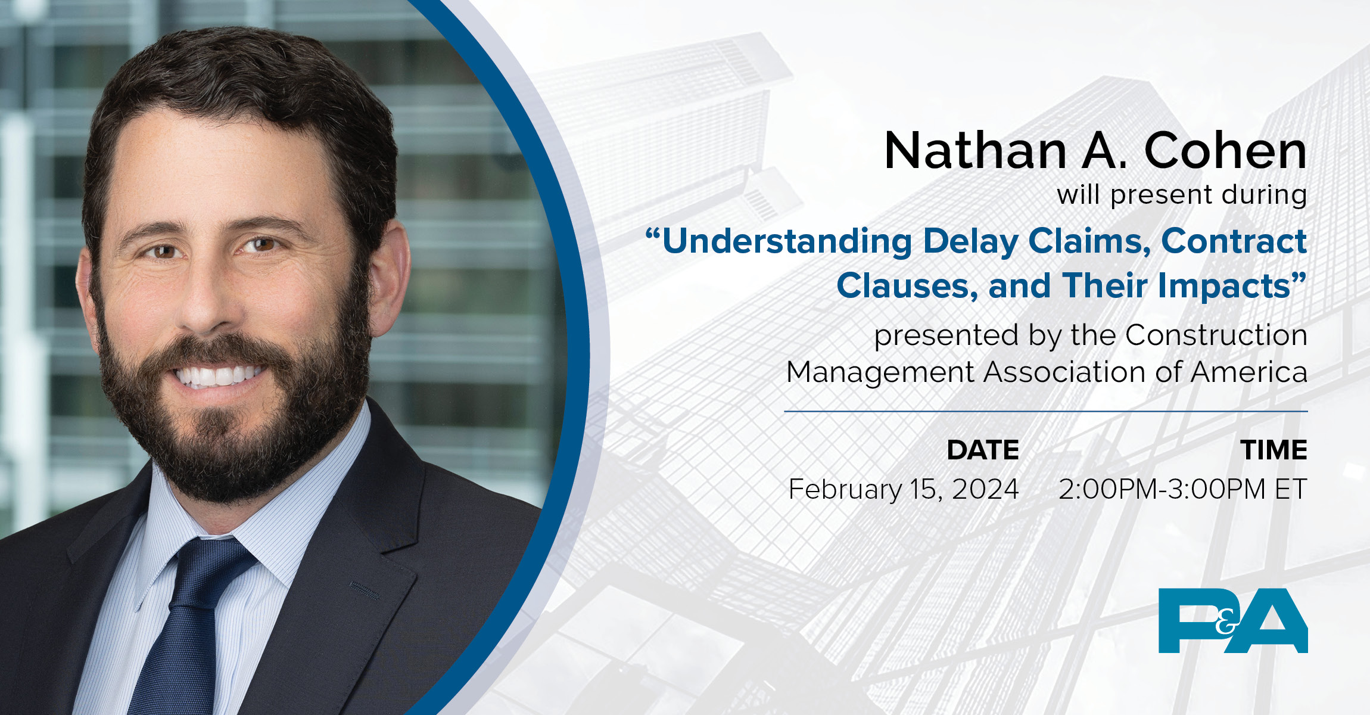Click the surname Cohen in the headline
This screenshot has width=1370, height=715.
tap(1225, 151)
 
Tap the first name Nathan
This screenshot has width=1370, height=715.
tap(975, 151)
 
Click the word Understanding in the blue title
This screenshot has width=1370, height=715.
tap(786, 242)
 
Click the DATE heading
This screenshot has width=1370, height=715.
tap(983, 450)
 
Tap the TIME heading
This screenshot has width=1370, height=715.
tap(1274, 450)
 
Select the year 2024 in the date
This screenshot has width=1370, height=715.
tap(985, 490)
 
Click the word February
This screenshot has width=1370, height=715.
tap(845, 490)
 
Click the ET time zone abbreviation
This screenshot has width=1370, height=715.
tap(1291, 490)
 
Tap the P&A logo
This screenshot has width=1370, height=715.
tap(1232, 620)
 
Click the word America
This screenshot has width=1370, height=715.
tap(1249, 372)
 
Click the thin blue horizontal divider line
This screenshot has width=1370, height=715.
tap(1045, 411)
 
